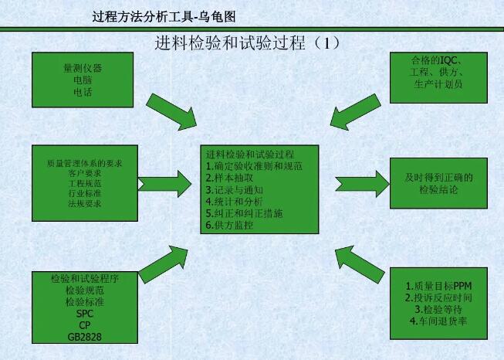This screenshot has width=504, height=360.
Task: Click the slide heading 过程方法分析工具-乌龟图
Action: coord(164,17)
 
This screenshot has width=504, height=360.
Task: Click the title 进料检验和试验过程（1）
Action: coord(247,42)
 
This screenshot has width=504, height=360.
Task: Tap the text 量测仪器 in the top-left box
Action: coord(83,68)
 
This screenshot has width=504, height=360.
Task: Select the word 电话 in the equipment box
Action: coord(83,93)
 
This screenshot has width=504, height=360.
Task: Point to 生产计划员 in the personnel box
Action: coord(438,84)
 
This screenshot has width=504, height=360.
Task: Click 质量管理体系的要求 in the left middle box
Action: coord(85,164)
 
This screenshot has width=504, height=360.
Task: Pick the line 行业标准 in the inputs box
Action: coord(85,193)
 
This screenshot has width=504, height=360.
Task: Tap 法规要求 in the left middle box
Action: coord(85,204)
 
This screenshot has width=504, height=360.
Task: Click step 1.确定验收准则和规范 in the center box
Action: coord(254,166)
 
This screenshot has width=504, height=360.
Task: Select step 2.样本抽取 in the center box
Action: coord(229,178)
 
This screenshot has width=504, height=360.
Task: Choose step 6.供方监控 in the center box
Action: coord(229,226)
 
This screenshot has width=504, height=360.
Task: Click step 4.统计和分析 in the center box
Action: coord(235,202)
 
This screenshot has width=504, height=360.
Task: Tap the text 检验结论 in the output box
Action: coord(438,189)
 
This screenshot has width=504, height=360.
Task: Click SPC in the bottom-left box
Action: coord(85,314)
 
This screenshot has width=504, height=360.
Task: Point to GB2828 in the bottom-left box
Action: coord(85,337)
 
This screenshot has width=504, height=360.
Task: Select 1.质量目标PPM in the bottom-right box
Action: coord(438,286)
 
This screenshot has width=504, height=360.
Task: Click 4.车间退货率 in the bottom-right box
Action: coord(438,321)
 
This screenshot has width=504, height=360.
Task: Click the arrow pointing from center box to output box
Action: coord(362,184)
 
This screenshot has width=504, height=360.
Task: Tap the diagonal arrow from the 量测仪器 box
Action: coord(171,112)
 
